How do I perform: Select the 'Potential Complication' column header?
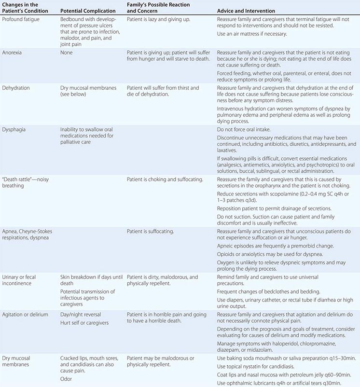click(x=88, y=11)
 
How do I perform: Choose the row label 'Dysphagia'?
click(x=15, y=129)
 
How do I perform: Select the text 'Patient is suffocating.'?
click(x=150, y=232)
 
